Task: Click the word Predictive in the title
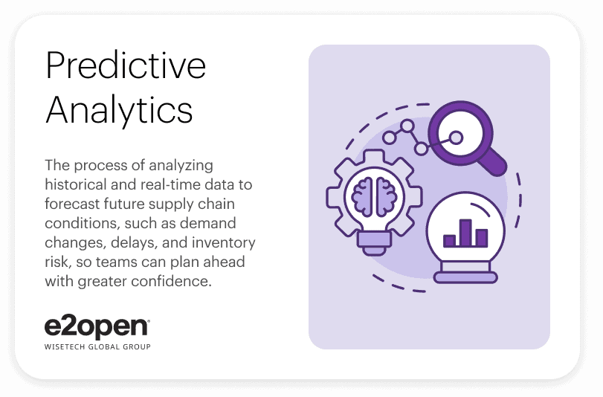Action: [126, 65]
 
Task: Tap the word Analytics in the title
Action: [119, 109]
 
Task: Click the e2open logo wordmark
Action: [97, 328]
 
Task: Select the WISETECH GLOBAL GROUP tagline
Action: [97, 346]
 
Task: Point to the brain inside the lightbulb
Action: [374, 196]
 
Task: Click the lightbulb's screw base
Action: [374, 243]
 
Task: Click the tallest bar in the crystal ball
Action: [465, 233]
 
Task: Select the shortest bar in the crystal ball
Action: [449, 241]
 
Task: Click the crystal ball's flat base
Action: [465, 277]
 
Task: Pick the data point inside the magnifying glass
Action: [456, 138]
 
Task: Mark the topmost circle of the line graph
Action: [407, 126]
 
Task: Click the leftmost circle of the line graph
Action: [389, 138]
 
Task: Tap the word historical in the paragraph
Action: [75, 184]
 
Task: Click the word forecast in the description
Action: [72, 204]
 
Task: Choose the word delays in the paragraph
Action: [135, 243]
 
